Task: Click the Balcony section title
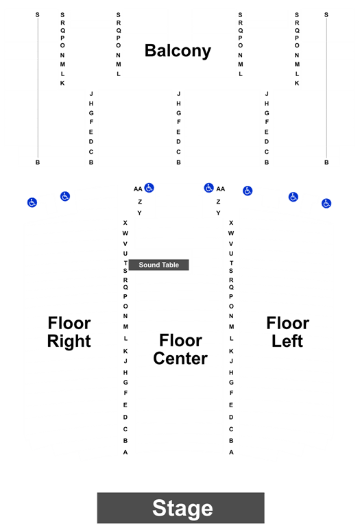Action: [x=178, y=51]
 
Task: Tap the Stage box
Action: [x=181, y=507]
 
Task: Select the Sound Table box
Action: [x=158, y=265]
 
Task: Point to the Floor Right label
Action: [x=69, y=332]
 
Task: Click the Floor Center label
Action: [x=180, y=350]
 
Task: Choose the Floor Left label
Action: [x=288, y=332]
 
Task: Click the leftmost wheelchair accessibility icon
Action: [x=32, y=202]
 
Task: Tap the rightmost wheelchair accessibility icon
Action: [x=326, y=204]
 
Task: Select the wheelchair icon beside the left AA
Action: [x=149, y=188]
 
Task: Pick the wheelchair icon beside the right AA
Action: [x=209, y=188]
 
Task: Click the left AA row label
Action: [x=138, y=189]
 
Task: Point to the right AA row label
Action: [x=220, y=189]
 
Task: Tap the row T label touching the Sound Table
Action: [x=125, y=263]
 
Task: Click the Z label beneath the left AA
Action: [x=140, y=202]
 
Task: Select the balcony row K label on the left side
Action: [x=62, y=83]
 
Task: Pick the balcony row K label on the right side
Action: [x=297, y=83]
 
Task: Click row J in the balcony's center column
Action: [x=178, y=94]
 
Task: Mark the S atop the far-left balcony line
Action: [x=38, y=15]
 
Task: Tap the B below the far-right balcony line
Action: [x=326, y=162]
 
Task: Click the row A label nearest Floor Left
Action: [x=231, y=453]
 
